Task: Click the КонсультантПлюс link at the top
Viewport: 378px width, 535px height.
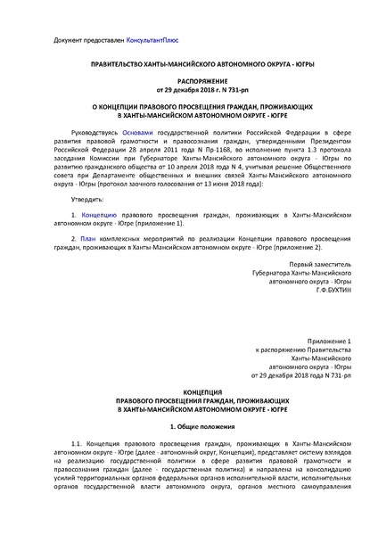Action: (138, 42)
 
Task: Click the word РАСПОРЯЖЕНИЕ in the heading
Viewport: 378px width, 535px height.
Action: (188, 79)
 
